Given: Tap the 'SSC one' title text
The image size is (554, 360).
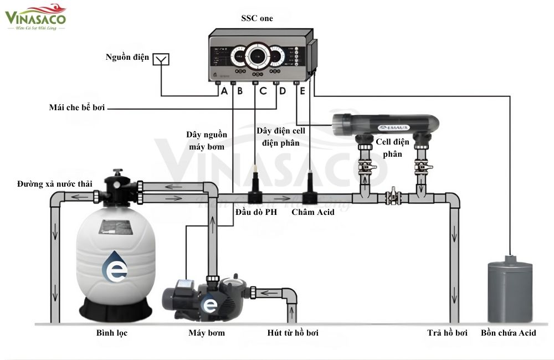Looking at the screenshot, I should point(257,18).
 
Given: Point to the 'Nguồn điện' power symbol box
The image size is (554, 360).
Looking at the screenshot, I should point(161,59).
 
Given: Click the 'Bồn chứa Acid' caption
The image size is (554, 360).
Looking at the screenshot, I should point(509,333).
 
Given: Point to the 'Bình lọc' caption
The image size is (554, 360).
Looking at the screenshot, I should point(112,333).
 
